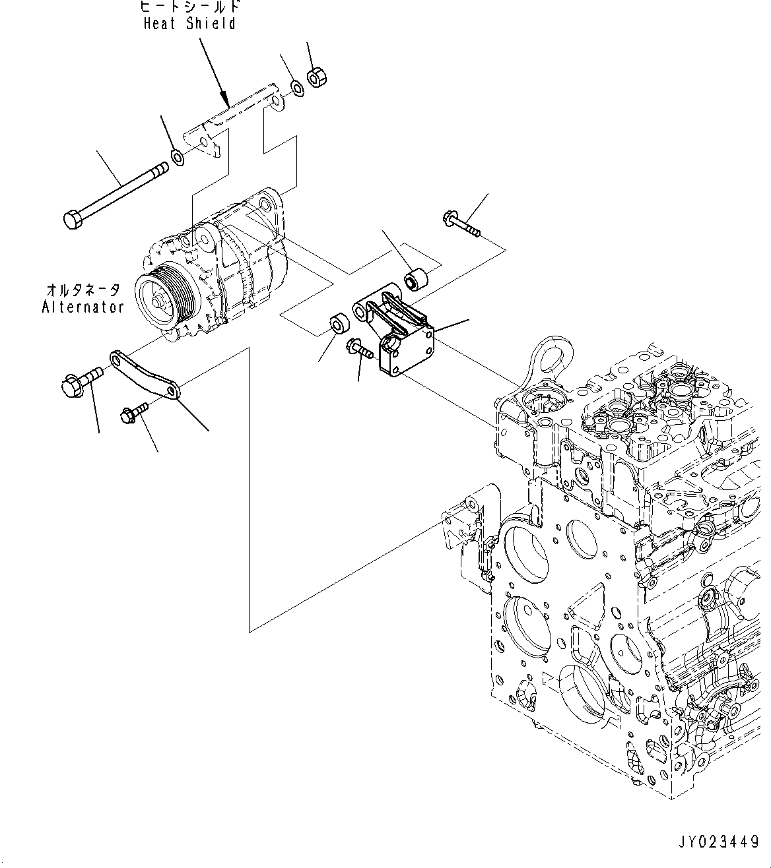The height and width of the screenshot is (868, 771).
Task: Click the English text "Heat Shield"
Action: [189, 24]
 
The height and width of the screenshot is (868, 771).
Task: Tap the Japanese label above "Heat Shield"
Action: [189, 7]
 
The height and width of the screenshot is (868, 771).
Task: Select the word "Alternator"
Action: [83, 307]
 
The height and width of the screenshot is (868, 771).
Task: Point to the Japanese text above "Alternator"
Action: [83, 290]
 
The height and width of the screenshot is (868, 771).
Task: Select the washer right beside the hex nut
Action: [297, 86]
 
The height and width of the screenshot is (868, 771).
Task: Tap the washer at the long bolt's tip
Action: [178, 157]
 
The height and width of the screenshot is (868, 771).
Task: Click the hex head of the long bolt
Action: [73, 219]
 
